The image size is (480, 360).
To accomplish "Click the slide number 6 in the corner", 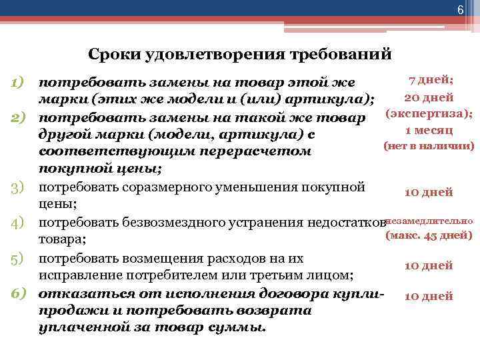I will [x=459, y=9].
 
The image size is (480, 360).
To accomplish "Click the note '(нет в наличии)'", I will [x=429, y=146].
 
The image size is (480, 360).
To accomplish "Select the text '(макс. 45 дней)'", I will [x=429, y=235].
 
